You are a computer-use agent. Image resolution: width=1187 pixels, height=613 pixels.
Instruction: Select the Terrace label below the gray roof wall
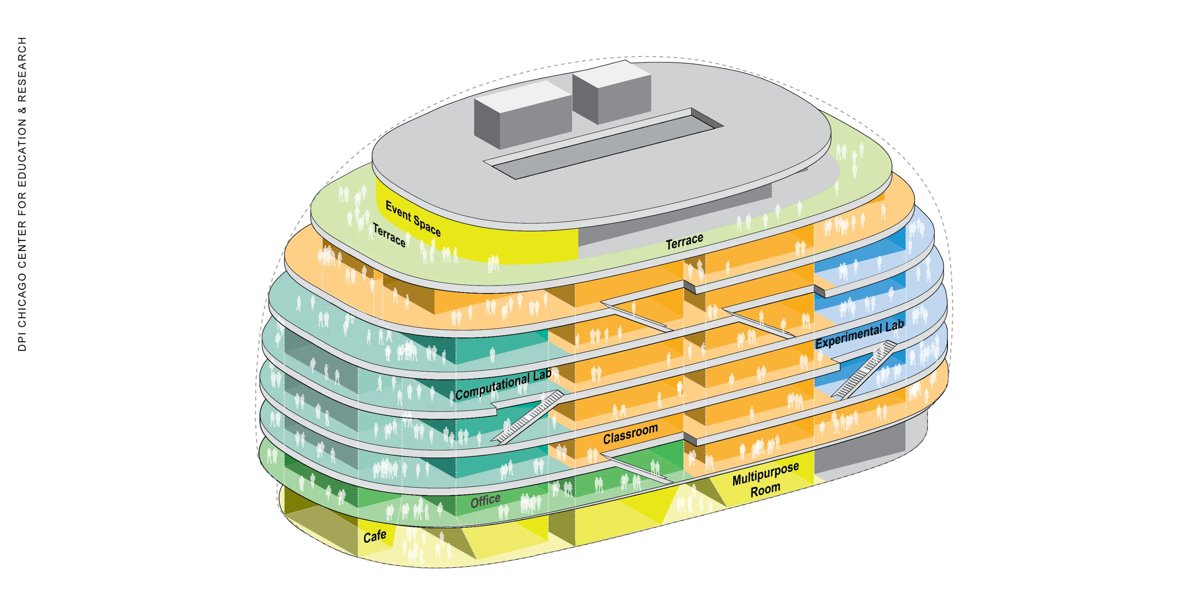pyautogui.click(x=684, y=241)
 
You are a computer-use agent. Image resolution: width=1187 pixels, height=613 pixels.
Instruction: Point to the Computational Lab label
pyautogui.click(x=503, y=385)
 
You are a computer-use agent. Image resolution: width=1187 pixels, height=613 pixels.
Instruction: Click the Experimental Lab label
pyautogui.click(x=859, y=334)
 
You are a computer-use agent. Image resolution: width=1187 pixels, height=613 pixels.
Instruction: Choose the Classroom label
pyautogui.click(x=630, y=434)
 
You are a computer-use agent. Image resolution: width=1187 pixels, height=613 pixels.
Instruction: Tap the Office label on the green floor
pyautogui.click(x=485, y=501)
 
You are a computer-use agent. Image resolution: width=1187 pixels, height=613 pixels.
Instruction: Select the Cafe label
pyautogui.click(x=375, y=536)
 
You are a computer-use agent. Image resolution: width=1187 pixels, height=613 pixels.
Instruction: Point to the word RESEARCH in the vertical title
pyautogui.click(x=22, y=70)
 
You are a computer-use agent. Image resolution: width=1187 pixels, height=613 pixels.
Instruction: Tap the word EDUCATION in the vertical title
pyautogui.click(x=22, y=152)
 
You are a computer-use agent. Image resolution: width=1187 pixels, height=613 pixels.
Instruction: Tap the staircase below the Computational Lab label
pyautogui.click(x=528, y=417)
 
